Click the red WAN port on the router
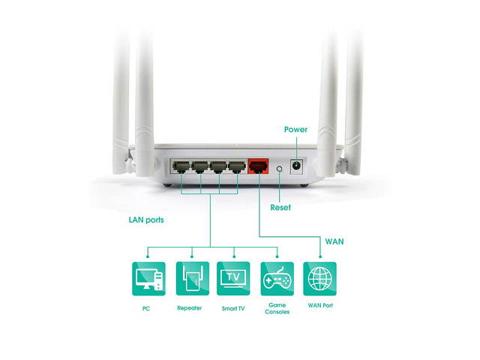(x=259, y=166)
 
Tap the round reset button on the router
(x=280, y=169)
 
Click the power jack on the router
(x=298, y=166)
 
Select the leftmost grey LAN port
(x=181, y=166)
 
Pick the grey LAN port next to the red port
(x=236, y=166)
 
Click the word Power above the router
(x=295, y=130)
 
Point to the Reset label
(x=280, y=207)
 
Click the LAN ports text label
(x=146, y=220)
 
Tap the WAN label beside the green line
(x=334, y=242)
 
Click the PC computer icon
(x=147, y=278)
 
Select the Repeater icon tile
(x=190, y=278)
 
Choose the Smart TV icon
(x=232, y=278)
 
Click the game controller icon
(x=277, y=278)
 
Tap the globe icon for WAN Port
(x=319, y=278)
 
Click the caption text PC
(x=147, y=307)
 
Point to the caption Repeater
(x=190, y=307)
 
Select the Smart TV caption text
(x=232, y=307)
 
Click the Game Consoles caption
(x=277, y=308)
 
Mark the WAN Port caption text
(x=319, y=305)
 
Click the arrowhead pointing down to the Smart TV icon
(x=233, y=254)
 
